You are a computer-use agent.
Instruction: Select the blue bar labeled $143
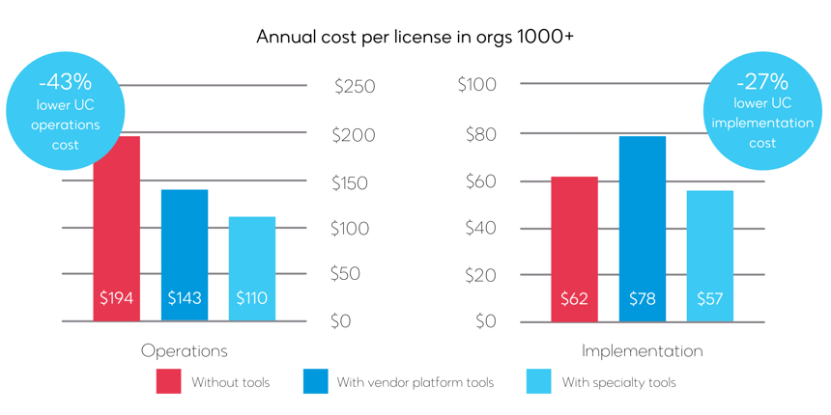click(185, 256)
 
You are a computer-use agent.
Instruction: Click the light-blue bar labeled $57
click(710, 256)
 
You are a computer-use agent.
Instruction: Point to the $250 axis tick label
click(355, 87)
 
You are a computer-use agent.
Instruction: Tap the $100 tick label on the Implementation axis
click(477, 85)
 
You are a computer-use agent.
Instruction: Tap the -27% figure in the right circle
click(761, 82)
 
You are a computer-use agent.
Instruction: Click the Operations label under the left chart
click(185, 350)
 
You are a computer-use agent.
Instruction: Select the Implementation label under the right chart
click(643, 350)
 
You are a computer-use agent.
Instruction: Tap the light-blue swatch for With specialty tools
click(538, 382)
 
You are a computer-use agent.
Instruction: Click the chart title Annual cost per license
click(415, 37)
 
